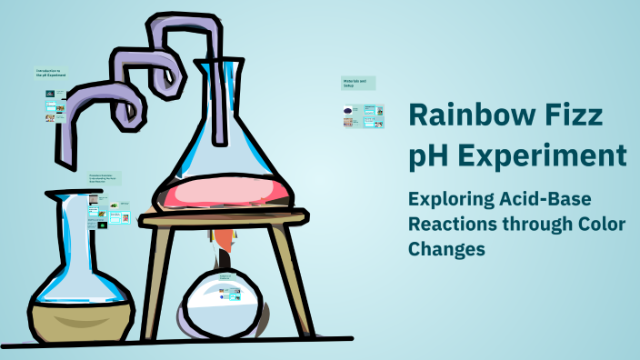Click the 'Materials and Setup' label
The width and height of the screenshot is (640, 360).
coord(358,83)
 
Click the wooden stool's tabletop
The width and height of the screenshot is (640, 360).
coord(227,219)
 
